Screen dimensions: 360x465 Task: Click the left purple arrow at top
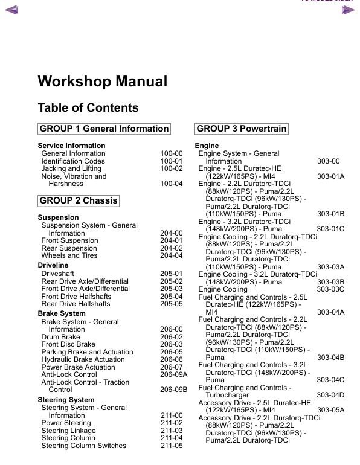(x=11, y=9)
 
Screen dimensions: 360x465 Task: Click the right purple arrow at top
(x=347, y=9)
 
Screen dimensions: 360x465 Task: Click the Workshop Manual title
(x=102, y=82)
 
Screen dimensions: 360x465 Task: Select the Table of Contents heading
(x=88, y=108)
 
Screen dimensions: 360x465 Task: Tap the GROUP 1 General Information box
(x=104, y=129)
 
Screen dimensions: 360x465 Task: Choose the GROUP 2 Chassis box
(x=79, y=200)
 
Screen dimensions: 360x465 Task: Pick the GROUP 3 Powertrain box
(x=242, y=129)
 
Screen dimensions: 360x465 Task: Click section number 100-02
(x=172, y=169)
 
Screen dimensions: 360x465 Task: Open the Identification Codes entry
(x=73, y=161)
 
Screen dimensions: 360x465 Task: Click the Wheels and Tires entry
(x=69, y=255)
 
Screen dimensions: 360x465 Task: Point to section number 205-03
(x=172, y=289)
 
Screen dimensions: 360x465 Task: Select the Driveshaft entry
(x=58, y=274)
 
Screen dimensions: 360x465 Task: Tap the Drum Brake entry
(x=60, y=337)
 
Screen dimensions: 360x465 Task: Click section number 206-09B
(x=174, y=390)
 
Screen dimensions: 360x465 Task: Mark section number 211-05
(x=172, y=446)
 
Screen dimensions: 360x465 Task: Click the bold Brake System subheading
(x=62, y=314)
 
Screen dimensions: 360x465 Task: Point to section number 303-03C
(x=330, y=289)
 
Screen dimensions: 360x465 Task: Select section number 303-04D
(x=330, y=395)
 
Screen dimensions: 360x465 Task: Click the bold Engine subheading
(x=207, y=146)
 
